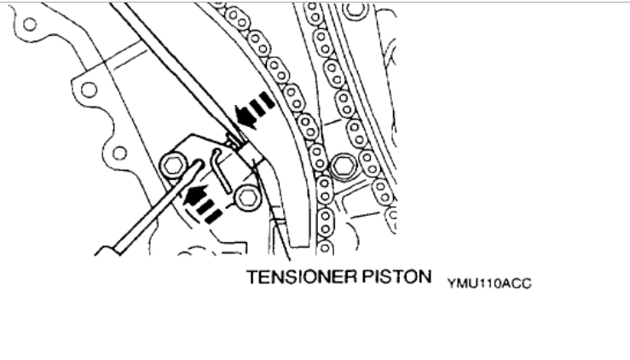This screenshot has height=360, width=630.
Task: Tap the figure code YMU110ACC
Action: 488,283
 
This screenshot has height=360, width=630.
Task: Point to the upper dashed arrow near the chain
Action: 258,108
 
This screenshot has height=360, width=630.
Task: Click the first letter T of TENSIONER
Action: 252,280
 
